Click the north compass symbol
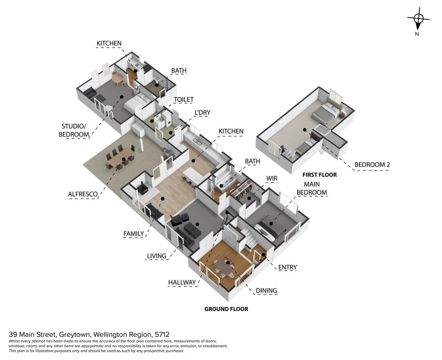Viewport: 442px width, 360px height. coord(418,20)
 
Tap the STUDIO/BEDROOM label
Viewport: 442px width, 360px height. coord(74,130)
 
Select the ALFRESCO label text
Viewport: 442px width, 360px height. coord(83,194)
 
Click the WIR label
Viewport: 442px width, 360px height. coord(272,179)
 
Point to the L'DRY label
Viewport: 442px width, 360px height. coord(202,112)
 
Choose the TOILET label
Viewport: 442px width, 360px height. coord(183,99)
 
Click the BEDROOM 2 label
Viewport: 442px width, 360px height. coord(372,165)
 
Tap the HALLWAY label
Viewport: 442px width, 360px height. coord(182,283)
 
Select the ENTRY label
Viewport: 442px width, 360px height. coord(287,267)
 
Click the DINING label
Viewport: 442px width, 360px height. coord(266,291)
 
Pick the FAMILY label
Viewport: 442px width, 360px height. coord(134,234)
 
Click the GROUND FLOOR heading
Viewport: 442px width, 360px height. coord(226,309)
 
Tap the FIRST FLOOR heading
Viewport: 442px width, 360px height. coord(320,175)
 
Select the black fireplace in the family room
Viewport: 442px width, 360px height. coord(143,189)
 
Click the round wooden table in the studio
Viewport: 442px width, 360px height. coord(117,78)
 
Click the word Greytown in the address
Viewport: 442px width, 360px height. coord(75,335)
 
